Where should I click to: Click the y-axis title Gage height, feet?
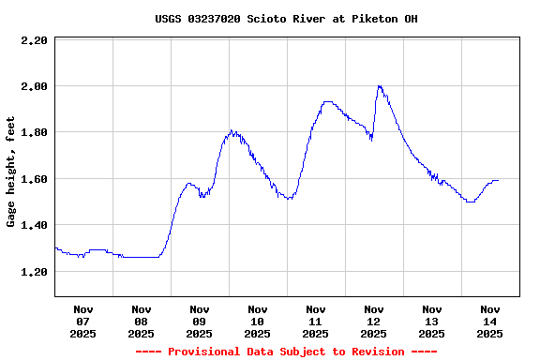click(11, 172)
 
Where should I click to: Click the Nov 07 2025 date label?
click(83, 321)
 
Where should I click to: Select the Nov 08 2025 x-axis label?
click(142, 321)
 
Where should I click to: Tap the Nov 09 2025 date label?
click(200, 321)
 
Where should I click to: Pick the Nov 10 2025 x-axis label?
click(258, 321)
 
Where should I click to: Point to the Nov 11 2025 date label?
click(316, 321)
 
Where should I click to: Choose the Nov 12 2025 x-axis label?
click(374, 321)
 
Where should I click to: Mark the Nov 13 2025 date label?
click(432, 321)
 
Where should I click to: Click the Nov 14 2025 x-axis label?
click(490, 321)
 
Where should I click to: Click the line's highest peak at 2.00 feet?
click(379, 86)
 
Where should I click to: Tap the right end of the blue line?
click(498, 180)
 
